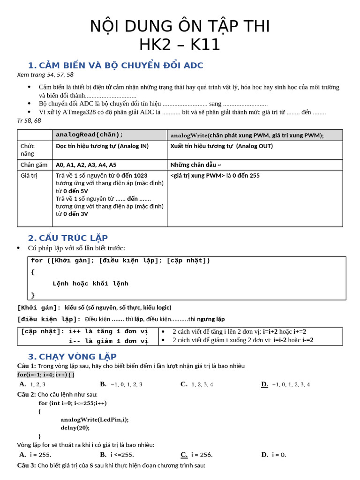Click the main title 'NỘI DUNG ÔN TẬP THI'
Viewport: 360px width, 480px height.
click(180, 26)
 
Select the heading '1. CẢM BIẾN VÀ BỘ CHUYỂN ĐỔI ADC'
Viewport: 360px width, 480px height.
click(115, 65)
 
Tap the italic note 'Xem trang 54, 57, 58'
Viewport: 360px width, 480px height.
click(45, 75)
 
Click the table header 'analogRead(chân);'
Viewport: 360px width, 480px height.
click(89, 135)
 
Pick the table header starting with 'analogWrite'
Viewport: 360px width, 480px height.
click(247, 135)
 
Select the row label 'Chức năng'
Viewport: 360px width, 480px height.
click(28, 150)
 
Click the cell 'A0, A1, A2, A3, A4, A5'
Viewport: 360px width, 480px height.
click(86, 165)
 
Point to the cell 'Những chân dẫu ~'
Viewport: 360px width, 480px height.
click(195, 165)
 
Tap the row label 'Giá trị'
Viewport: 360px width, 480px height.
click(29, 175)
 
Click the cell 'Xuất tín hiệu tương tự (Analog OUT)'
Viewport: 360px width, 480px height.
click(221, 146)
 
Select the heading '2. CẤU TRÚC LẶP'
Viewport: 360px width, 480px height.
click(68, 238)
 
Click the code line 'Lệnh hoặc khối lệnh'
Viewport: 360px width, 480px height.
click(90, 284)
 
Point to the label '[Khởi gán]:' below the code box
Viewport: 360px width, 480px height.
click(39, 307)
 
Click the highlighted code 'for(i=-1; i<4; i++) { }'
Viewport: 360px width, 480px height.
click(46, 375)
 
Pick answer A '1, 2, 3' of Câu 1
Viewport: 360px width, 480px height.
click(32, 384)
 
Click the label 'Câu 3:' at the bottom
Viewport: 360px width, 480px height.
click(26, 465)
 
